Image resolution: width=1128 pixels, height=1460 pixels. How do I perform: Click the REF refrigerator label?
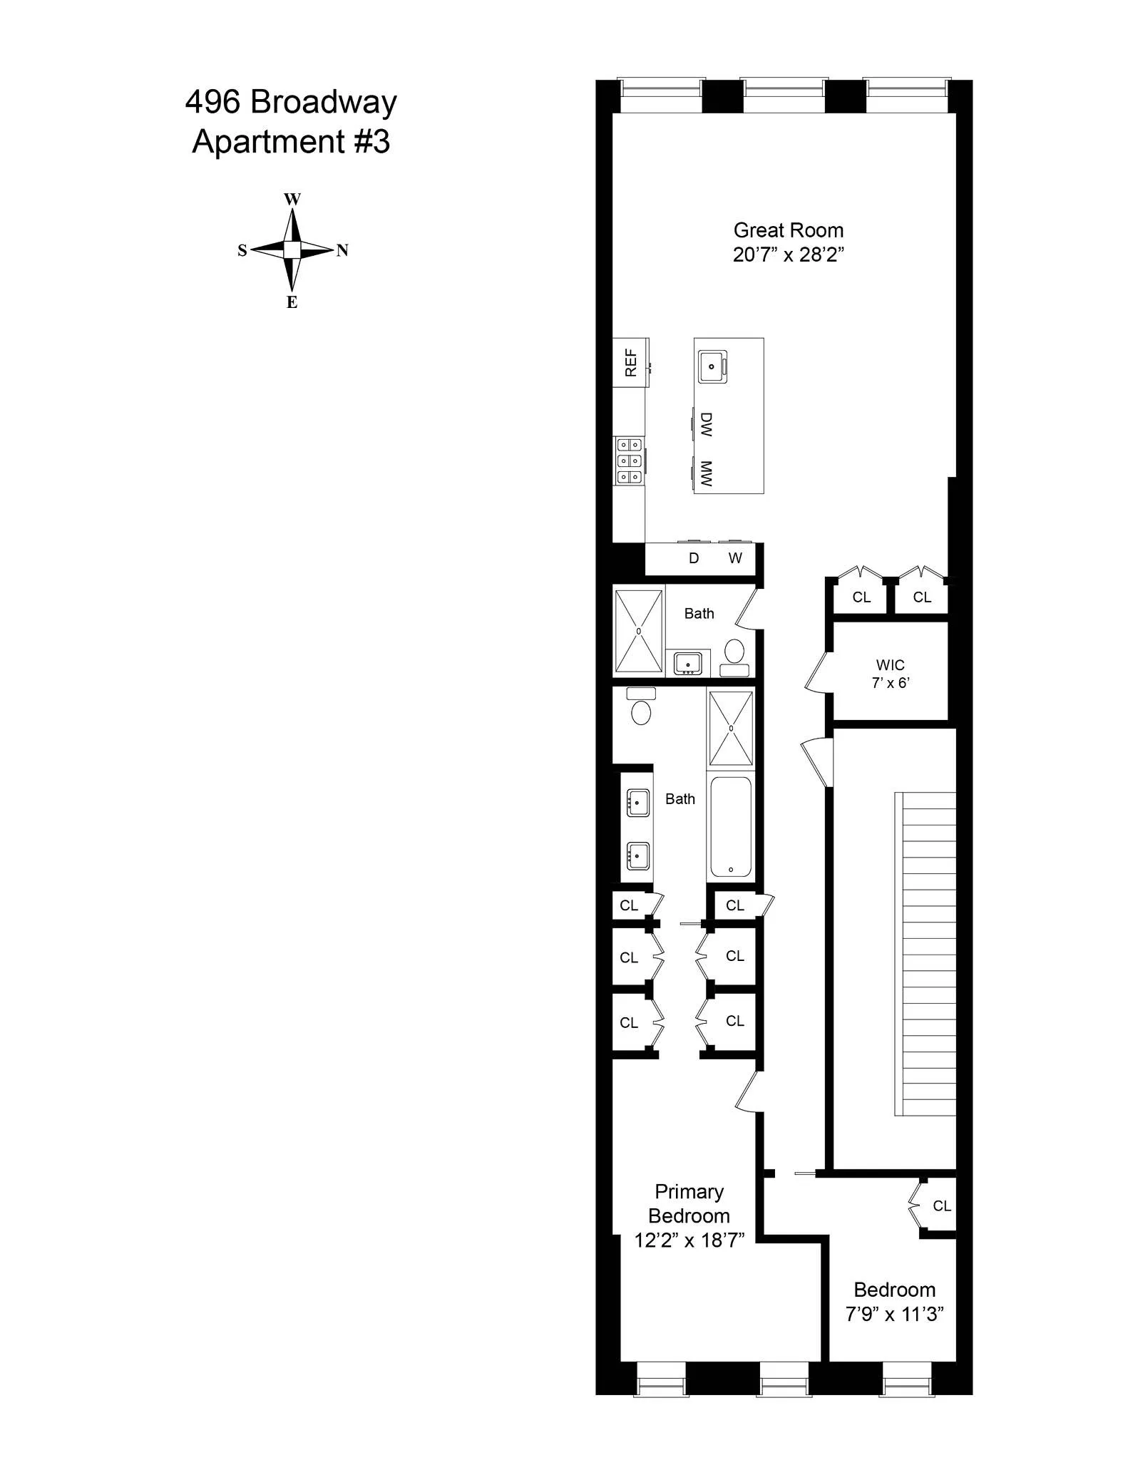coord(630,362)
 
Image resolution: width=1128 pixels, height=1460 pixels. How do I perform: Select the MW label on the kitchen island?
coord(706,473)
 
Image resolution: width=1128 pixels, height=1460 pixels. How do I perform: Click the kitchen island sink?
coord(712,366)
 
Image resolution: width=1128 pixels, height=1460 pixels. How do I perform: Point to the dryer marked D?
coord(693,558)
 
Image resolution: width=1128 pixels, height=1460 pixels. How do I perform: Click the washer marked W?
coord(735,558)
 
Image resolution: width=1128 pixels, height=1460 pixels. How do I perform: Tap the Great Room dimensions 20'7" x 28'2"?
coord(788,255)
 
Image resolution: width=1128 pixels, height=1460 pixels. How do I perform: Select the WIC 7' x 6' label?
coord(890,673)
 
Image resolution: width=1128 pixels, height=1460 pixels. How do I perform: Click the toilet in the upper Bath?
coord(734,652)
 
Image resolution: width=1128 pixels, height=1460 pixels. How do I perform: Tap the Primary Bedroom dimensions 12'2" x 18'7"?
coord(689,1240)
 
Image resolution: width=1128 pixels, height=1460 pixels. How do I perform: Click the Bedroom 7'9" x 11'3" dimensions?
coord(894,1313)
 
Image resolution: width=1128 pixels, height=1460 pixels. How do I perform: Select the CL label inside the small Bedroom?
coord(941,1205)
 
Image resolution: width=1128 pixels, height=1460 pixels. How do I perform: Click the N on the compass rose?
coord(342,250)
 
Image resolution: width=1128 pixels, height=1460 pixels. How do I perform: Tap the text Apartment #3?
coord(291,141)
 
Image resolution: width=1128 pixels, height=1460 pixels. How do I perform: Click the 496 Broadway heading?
coord(291,102)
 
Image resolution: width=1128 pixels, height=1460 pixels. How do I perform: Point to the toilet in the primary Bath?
coord(641,711)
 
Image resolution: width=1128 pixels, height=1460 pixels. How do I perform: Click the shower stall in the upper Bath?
coord(639,631)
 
